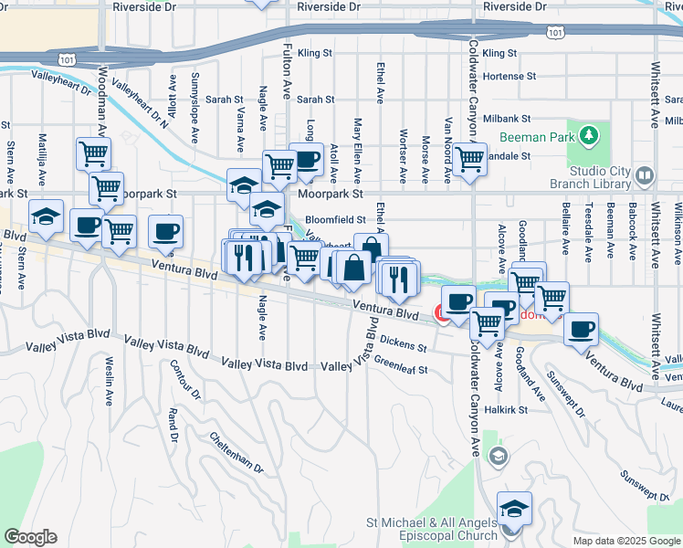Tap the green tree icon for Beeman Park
tap(589, 137)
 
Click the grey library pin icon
tap(645, 174)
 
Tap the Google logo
tap(30, 537)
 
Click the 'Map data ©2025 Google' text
tap(626, 541)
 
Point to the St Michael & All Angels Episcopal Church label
tap(431, 529)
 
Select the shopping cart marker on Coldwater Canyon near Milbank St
tap(469, 160)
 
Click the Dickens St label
tap(405, 344)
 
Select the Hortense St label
tap(509, 76)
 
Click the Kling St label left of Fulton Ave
tap(314, 53)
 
